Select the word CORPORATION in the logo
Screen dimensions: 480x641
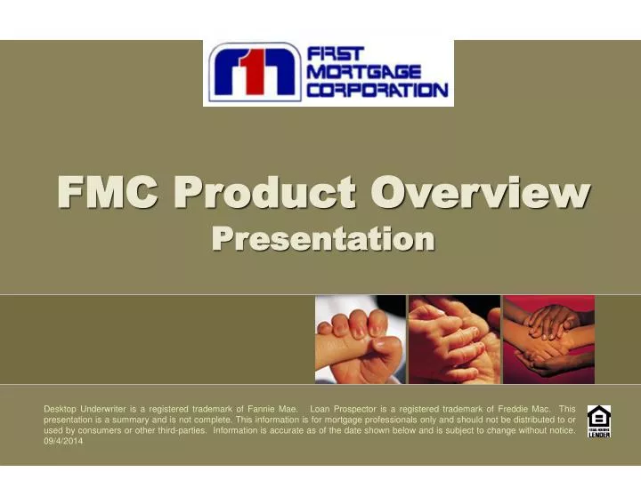[377, 90]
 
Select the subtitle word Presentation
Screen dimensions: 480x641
[323, 239]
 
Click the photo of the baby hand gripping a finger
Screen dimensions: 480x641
[360, 340]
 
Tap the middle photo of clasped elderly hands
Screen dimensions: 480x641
[453, 340]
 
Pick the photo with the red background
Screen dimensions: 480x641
[548, 340]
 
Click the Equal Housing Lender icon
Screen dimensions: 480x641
[599, 421]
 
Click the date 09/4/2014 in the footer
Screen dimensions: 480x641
[63, 442]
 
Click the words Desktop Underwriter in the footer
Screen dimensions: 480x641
[84, 409]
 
